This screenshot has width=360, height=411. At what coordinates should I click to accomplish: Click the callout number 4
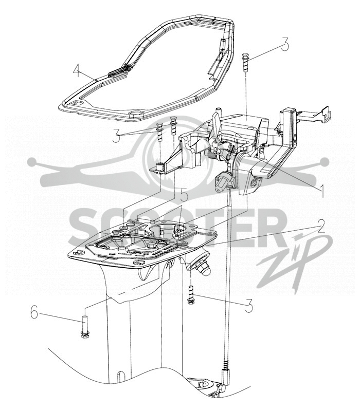[76, 71]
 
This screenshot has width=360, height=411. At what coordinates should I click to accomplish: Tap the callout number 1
[322, 191]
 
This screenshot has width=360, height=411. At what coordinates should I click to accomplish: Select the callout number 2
[320, 226]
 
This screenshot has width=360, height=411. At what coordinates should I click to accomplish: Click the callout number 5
[184, 196]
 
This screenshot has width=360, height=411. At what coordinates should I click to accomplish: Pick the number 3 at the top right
[285, 44]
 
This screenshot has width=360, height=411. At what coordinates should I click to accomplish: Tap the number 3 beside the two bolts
[116, 136]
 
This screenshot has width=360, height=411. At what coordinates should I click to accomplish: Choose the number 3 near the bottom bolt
[249, 306]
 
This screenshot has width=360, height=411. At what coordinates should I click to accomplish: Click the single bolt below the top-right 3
[245, 62]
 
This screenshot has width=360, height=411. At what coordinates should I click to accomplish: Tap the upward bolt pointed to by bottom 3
[191, 294]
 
